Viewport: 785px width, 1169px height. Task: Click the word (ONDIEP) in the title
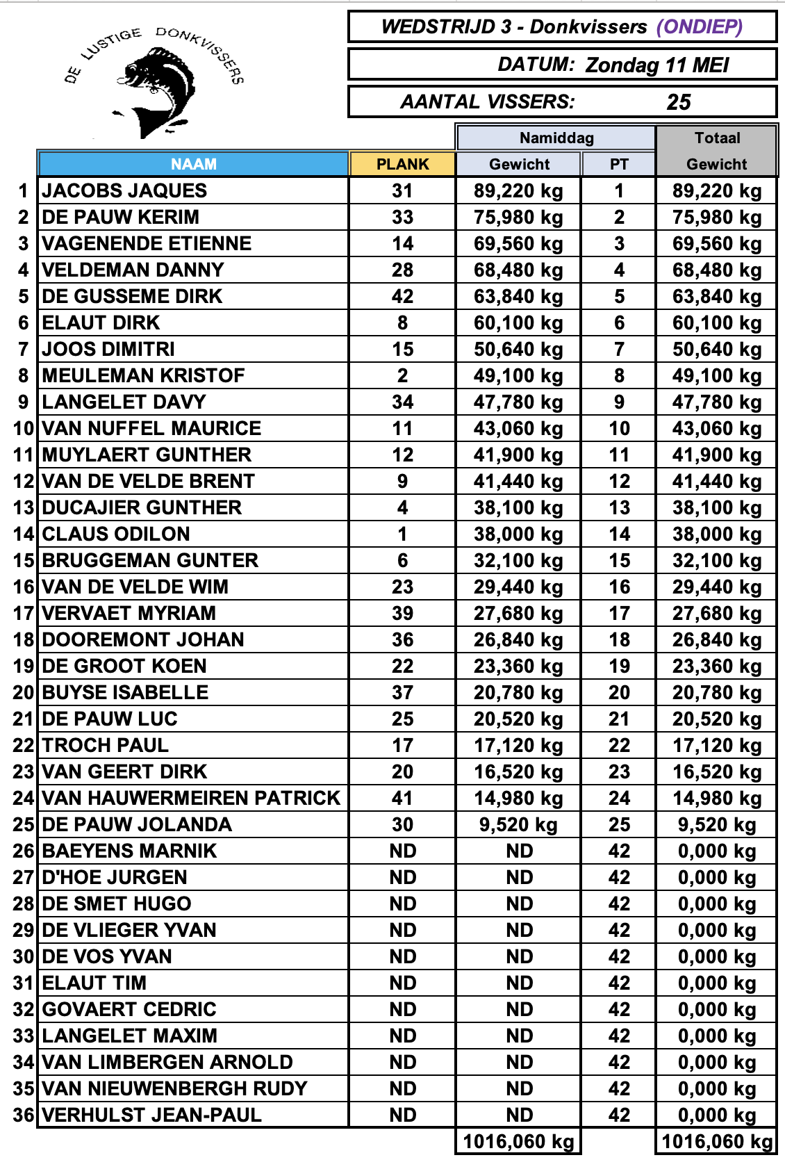click(700, 27)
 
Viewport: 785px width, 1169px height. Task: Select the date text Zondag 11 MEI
click(656, 65)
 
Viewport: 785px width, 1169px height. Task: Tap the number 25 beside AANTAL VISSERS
click(678, 102)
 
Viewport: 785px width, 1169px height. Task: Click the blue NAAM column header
click(193, 164)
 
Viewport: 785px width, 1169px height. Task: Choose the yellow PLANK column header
click(402, 164)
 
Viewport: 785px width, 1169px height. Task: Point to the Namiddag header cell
click(556, 138)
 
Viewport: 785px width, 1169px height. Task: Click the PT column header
click(618, 164)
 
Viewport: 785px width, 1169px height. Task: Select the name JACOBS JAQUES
click(124, 190)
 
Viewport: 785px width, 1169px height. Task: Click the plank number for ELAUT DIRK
click(402, 322)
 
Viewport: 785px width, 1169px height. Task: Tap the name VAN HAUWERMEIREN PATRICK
click(191, 798)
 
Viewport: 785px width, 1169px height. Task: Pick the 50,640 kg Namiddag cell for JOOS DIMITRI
click(518, 349)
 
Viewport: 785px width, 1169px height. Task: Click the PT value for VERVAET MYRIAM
click(619, 613)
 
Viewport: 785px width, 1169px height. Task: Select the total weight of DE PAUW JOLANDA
click(716, 824)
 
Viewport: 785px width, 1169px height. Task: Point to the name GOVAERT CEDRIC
click(129, 1009)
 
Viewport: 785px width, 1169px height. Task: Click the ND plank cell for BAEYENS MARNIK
click(402, 851)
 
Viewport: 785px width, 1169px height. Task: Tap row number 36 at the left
click(24, 1115)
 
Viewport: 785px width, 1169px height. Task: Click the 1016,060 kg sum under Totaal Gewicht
click(716, 1141)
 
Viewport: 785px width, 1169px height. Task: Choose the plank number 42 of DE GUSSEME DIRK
click(402, 296)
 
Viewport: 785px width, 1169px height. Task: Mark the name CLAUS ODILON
click(116, 534)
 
